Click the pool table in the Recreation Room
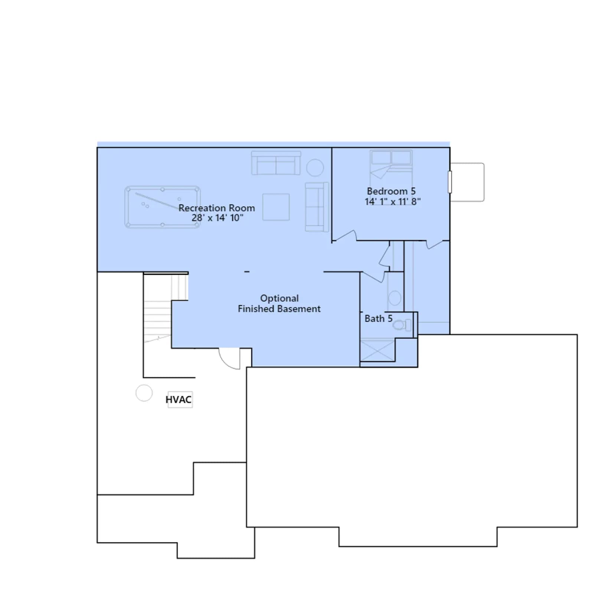click(163, 207)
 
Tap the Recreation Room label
click(217, 208)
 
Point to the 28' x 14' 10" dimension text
click(218, 218)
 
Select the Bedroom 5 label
click(391, 191)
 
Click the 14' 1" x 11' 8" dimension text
click(392, 202)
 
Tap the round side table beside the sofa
click(315, 167)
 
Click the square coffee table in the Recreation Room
click(276, 207)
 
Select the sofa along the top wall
click(276, 163)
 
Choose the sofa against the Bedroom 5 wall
click(317, 207)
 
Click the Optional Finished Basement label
click(279, 304)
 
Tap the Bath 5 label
click(378, 319)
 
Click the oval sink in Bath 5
click(395, 298)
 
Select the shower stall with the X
click(378, 350)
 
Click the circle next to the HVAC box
click(144, 393)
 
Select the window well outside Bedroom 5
click(467, 182)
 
